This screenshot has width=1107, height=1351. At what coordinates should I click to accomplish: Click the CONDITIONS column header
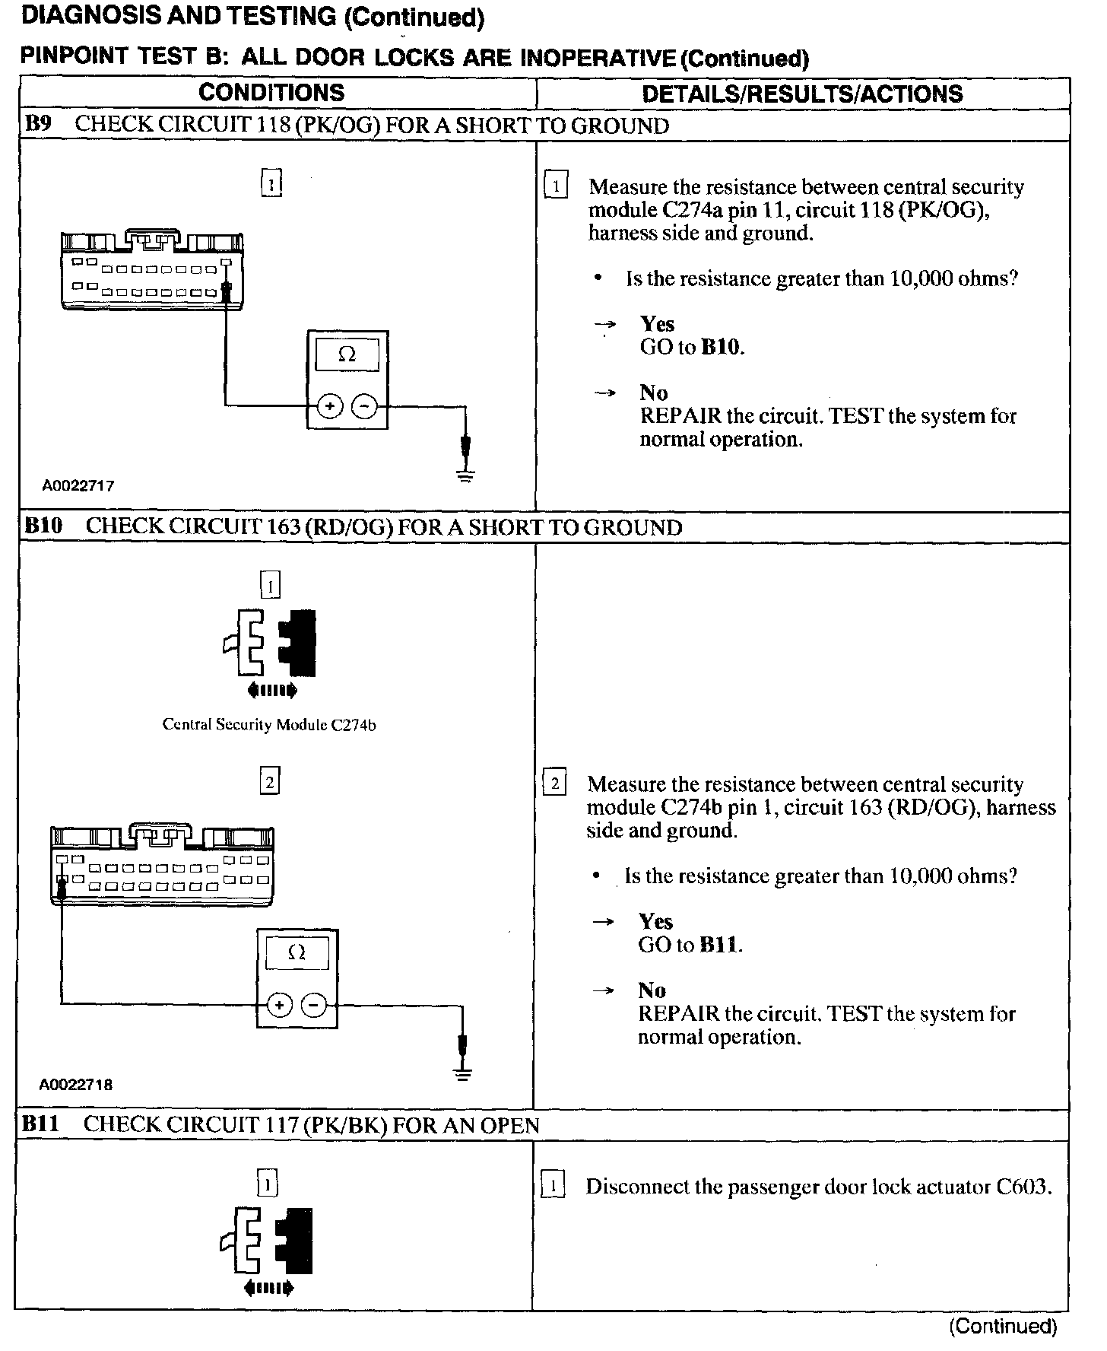coord(271,93)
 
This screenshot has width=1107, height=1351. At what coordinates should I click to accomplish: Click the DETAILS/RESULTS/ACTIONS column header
coord(802,94)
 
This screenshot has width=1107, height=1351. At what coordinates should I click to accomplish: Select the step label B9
coord(38,125)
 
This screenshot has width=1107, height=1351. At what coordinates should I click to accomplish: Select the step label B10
coord(43,526)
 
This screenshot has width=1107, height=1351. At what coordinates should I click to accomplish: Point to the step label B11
coord(41,1124)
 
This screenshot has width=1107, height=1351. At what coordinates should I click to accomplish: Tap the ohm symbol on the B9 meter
coord(347,354)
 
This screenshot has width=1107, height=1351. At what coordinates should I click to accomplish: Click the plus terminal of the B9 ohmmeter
coord(330,406)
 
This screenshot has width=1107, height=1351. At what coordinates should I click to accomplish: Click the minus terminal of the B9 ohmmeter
coord(365,406)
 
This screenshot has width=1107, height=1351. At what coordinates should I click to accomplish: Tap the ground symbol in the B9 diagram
coord(465,475)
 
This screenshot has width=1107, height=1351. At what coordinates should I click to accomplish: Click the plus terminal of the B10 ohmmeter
coord(280,1005)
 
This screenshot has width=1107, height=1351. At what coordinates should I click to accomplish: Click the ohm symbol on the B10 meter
coord(297,952)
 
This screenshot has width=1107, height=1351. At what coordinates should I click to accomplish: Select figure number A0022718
coord(75,1085)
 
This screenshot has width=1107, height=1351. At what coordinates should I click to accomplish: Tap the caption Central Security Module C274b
coord(269,725)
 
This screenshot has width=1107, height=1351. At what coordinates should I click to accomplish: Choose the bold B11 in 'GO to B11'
coord(718,946)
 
